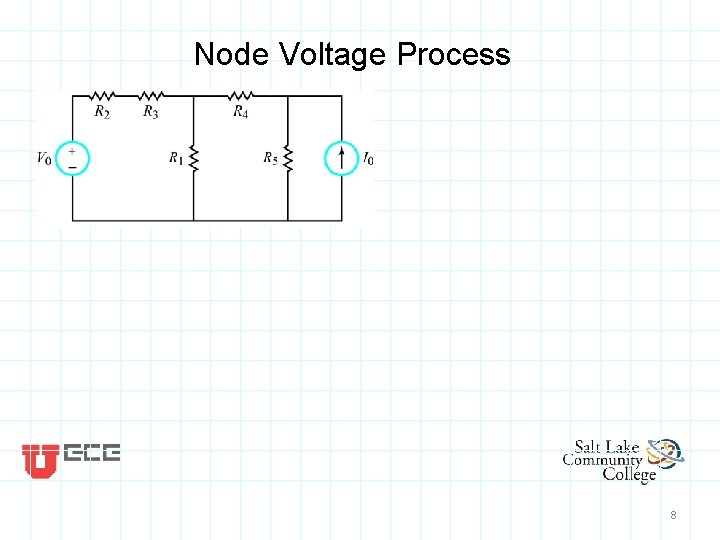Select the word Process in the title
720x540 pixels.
pyautogui.click(x=453, y=54)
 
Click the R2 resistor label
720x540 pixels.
pyautogui.click(x=102, y=112)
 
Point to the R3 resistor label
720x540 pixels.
pyautogui.click(x=150, y=112)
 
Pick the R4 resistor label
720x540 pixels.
pyautogui.click(x=241, y=112)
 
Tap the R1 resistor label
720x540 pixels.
pyautogui.click(x=176, y=158)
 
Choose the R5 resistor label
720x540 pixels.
pyautogui.click(x=271, y=158)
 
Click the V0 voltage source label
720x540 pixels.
pyautogui.click(x=44, y=158)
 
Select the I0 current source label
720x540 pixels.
pyautogui.click(x=369, y=158)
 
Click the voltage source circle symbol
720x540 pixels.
pyautogui.click(x=73, y=158)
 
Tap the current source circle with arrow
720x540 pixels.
pyautogui.click(x=342, y=158)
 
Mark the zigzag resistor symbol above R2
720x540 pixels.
pyautogui.click(x=102, y=96)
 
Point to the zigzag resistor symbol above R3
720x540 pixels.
pyautogui.click(x=150, y=96)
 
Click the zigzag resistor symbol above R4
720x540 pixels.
pyautogui.click(x=241, y=96)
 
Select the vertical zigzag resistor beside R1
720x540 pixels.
pyautogui.click(x=194, y=158)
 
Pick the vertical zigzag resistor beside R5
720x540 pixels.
pyautogui.click(x=288, y=158)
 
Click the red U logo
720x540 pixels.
pyautogui.click(x=40, y=460)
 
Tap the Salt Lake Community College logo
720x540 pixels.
pyautogui.click(x=622, y=460)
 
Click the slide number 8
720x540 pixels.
pyautogui.click(x=673, y=515)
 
